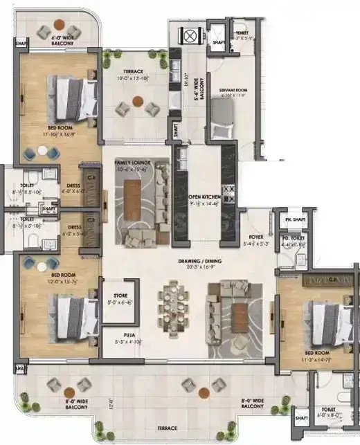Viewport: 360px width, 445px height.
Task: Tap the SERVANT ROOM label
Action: (x=233, y=90)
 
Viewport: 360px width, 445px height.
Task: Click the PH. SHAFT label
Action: (x=294, y=220)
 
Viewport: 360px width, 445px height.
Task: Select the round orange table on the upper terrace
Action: (x=137, y=101)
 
